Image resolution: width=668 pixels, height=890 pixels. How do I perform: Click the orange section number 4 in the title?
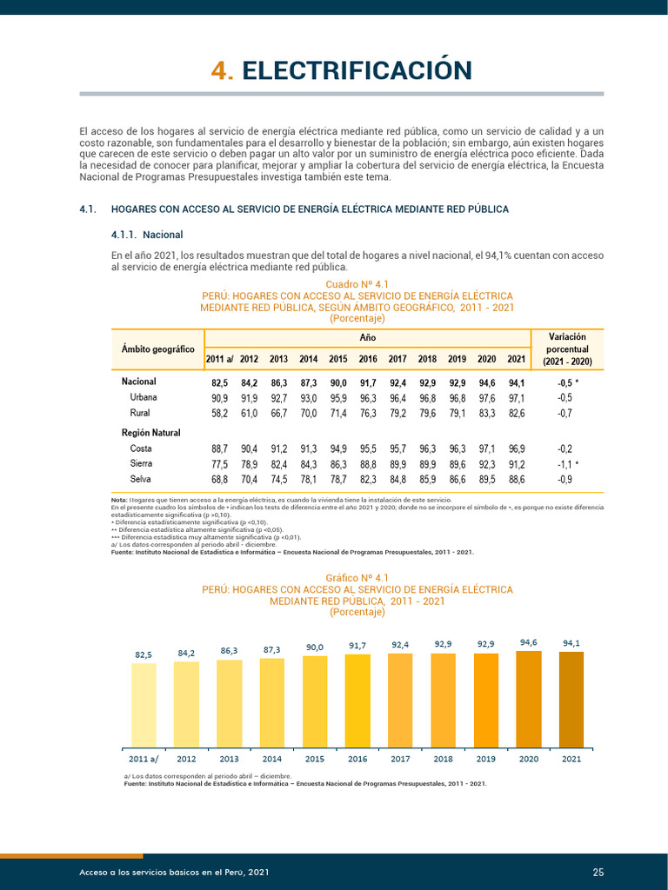coord(221,70)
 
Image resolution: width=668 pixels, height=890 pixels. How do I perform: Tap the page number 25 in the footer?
coord(598,872)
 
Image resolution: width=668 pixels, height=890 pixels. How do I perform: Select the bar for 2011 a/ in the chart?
coord(144,705)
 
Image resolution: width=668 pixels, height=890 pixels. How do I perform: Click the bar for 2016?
coord(357,700)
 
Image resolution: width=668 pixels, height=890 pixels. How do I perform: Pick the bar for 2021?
coord(571,699)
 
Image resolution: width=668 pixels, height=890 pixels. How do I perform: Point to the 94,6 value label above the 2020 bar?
coord(529,642)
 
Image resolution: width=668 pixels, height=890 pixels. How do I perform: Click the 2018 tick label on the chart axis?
coord(444,759)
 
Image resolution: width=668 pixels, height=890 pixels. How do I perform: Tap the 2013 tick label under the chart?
coord(229,759)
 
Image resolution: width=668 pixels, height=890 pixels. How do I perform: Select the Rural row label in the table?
coord(140,413)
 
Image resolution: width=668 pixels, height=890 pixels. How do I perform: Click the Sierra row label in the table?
coord(141,464)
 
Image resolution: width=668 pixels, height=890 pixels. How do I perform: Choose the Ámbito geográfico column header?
coord(157,349)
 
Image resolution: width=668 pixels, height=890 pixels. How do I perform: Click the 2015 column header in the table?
coord(338,359)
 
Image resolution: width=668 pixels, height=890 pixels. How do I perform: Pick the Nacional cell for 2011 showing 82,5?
coord(219,382)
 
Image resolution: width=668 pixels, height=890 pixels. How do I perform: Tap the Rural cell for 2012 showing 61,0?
coord(250,413)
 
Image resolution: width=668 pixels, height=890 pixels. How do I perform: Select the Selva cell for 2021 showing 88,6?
coord(516,479)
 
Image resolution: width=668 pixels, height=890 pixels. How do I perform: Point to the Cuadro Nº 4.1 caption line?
coord(357,284)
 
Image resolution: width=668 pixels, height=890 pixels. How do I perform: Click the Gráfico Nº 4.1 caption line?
coord(357,577)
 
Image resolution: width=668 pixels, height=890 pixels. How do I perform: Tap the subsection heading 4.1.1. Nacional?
coord(147,235)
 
